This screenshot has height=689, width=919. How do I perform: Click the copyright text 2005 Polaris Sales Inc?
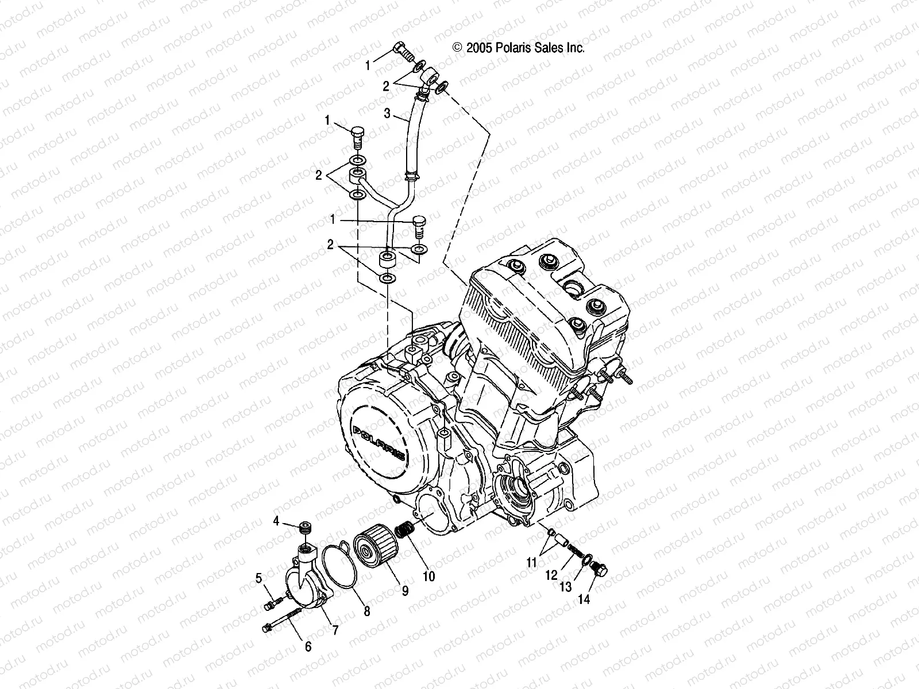(x=519, y=48)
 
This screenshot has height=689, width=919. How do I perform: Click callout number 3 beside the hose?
(x=387, y=114)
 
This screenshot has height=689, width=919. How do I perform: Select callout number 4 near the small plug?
(x=276, y=521)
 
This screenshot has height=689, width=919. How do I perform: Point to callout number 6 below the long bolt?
(x=308, y=647)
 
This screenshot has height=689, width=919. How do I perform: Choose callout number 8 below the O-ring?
(x=366, y=612)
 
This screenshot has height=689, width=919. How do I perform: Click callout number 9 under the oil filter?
(x=405, y=591)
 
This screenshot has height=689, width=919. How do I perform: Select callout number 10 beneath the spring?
(x=429, y=575)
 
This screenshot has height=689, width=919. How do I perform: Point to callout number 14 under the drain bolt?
(x=584, y=599)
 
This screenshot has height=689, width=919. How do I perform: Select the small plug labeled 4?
(x=305, y=527)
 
